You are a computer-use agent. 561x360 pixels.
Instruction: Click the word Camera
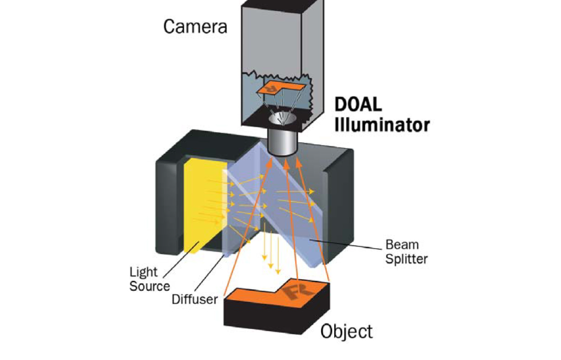[195, 26]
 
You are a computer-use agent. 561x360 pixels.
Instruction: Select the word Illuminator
[383, 125]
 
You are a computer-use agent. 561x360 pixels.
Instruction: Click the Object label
[346, 332]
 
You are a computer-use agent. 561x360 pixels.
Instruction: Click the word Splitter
[406, 259]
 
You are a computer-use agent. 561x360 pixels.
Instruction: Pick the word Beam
[403, 245]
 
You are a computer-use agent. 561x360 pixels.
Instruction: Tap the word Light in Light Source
[143, 272]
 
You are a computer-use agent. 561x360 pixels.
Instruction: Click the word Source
[150, 286]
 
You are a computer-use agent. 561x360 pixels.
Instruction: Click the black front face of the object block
[262, 317]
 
